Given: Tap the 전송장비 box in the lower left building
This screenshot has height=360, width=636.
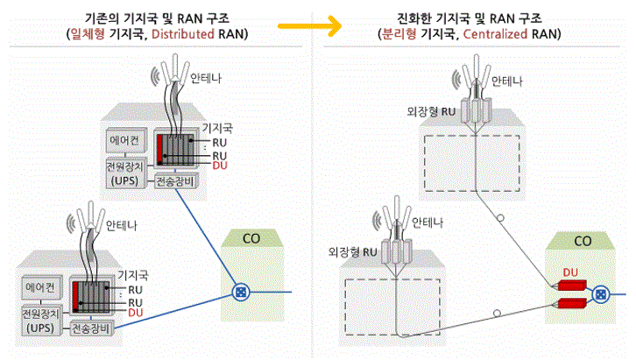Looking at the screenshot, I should pos(94,329).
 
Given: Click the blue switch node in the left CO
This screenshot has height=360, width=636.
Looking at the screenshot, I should pos(239,292).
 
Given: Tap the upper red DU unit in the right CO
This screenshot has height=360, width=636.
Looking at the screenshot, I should pos(569,287).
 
